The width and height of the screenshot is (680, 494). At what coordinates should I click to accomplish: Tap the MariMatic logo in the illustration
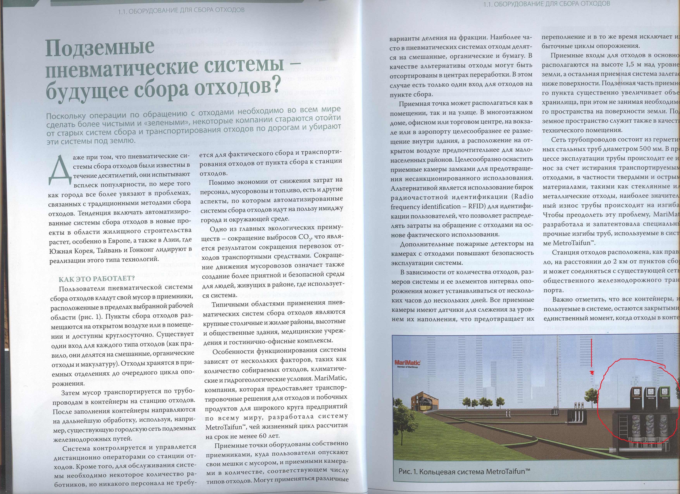(x=407, y=363)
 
